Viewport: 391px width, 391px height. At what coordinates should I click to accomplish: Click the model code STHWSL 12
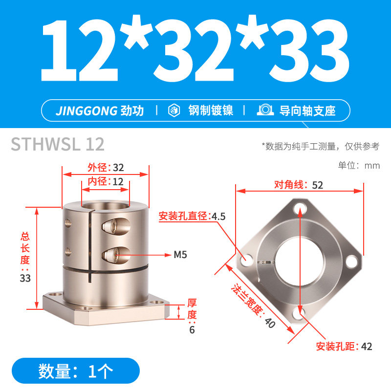[x=58, y=144]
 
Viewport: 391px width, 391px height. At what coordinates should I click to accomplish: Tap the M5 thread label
[x=180, y=255]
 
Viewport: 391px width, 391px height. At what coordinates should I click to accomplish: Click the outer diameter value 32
[x=118, y=168]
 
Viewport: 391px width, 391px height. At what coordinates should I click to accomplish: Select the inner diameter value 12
[x=118, y=182]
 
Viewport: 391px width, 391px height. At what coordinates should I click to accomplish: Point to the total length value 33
[x=25, y=278]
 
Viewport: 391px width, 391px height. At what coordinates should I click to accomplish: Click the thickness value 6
[x=192, y=329]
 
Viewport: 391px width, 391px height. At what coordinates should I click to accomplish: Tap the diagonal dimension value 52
[x=317, y=185]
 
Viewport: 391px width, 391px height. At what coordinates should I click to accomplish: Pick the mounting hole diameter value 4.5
[x=218, y=217]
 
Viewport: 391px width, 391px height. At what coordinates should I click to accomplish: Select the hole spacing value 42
[x=366, y=347]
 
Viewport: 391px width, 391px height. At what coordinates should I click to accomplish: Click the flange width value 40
[x=270, y=323]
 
